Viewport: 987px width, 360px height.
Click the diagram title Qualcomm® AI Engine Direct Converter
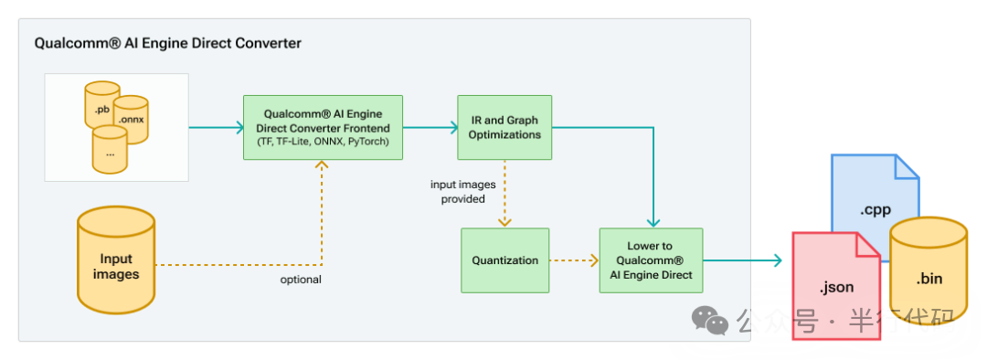(167, 43)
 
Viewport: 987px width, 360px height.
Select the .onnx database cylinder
(132, 117)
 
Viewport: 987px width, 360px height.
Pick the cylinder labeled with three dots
(110, 150)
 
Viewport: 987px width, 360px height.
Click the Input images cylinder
(116, 260)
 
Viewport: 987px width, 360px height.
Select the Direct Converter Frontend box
(324, 127)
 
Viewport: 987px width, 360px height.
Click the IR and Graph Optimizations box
(504, 127)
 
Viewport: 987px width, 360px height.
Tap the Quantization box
(504, 260)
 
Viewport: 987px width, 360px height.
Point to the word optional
(301, 279)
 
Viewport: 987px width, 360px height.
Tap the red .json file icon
(835, 286)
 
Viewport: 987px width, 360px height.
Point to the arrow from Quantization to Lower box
(574, 260)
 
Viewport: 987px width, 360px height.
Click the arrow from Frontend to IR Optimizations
(430, 128)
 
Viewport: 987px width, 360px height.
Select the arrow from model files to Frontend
(216, 128)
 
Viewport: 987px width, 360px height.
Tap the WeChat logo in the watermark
(709, 319)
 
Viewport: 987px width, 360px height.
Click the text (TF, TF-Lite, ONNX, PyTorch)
(324, 142)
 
